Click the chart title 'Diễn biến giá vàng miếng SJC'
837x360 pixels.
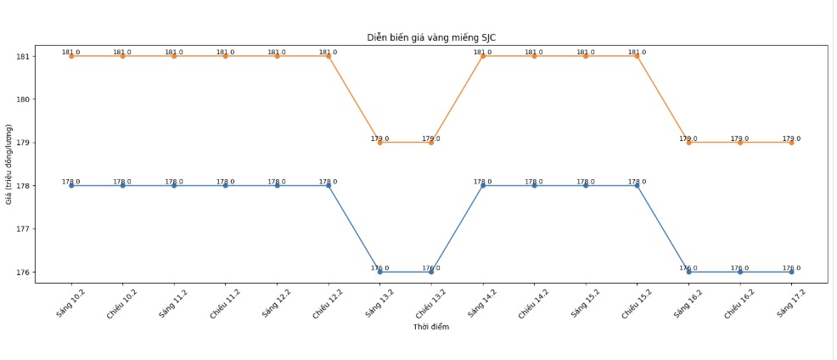coord(431,37)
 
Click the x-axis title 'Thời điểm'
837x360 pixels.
coord(431,327)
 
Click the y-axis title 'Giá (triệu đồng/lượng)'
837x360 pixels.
coord(8,164)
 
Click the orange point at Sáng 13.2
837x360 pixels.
coord(380,143)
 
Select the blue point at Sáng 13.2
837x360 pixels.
coord(380,272)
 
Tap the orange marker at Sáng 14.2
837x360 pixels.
coord(483,56)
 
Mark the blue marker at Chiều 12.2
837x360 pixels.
coord(329,185)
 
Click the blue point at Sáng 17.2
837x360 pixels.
coord(791,272)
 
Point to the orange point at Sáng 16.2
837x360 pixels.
coord(688,143)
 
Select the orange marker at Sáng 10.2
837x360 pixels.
coord(71,56)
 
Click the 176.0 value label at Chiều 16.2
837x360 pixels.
coord(739,267)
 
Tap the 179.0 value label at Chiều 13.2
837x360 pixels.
coord(431,138)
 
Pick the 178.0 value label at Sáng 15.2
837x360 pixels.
coord(586,181)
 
